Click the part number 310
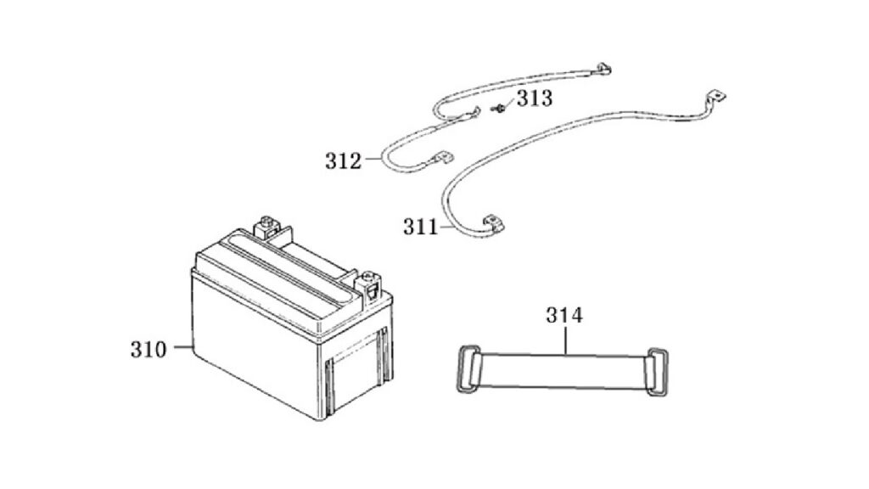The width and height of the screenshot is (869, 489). [x=148, y=350]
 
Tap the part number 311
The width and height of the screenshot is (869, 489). [x=421, y=227]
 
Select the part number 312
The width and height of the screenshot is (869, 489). [x=343, y=161]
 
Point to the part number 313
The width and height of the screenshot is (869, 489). [x=535, y=98]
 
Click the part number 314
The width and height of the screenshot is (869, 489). [x=564, y=315]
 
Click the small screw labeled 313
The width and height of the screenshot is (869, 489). [x=499, y=109]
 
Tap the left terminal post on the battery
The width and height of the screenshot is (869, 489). [x=266, y=225]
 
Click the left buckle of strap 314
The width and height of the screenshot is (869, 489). [x=468, y=369]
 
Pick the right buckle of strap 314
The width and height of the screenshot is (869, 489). [x=657, y=372]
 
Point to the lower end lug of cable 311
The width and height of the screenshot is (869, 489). [x=493, y=223]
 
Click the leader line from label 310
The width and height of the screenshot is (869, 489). [x=183, y=347]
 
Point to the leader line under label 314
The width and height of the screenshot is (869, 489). [x=565, y=340]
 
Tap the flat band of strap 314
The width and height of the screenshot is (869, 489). [x=563, y=371]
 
